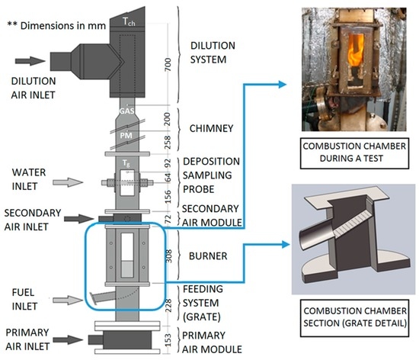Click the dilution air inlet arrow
click(x=30, y=61)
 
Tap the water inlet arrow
click(x=68, y=182)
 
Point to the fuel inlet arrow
click(x=68, y=300)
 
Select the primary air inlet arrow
click(x=68, y=340)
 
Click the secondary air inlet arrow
click(x=79, y=219)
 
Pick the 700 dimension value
click(x=168, y=65)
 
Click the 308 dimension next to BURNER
click(x=168, y=256)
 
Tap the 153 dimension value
click(x=168, y=340)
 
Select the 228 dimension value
click(x=168, y=305)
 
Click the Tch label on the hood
click(x=129, y=21)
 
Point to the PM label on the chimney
click(x=126, y=135)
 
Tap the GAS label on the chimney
click(x=126, y=111)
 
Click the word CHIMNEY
click(x=211, y=128)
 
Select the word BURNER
click(x=208, y=256)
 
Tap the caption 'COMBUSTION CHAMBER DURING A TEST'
click(x=354, y=153)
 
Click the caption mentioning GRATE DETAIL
click(x=355, y=317)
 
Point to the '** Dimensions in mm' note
click(x=56, y=25)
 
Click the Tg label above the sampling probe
click(x=126, y=163)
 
